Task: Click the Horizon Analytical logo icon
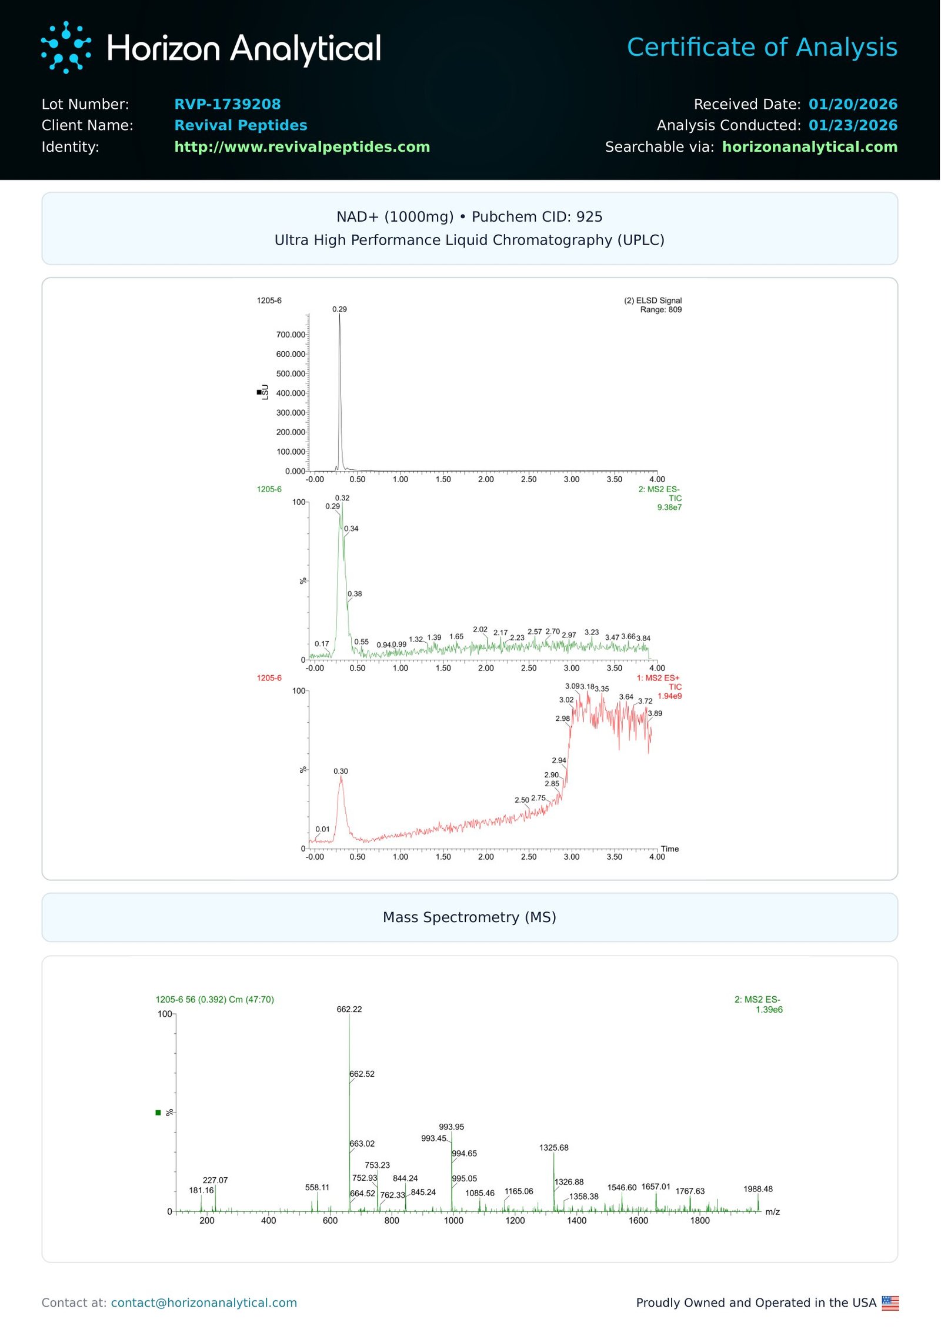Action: point(66,48)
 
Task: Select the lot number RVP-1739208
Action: point(227,104)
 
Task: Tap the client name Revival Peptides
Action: point(241,125)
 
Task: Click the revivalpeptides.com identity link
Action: point(302,146)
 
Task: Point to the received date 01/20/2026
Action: point(853,104)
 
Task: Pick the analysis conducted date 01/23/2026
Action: point(853,125)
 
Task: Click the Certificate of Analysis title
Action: point(762,47)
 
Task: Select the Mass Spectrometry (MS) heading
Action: point(469,917)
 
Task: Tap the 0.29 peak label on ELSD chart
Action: point(339,309)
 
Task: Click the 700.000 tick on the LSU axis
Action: point(291,335)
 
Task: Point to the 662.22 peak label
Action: point(349,1009)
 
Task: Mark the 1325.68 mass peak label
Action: point(553,1147)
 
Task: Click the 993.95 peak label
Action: point(451,1127)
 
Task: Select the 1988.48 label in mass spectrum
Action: point(758,1189)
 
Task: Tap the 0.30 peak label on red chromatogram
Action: point(341,771)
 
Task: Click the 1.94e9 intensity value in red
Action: point(669,696)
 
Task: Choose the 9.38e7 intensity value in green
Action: point(669,507)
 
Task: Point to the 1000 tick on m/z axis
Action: point(453,1221)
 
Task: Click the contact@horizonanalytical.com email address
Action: point(203,1303)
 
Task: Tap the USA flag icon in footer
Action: point(890,1303)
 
